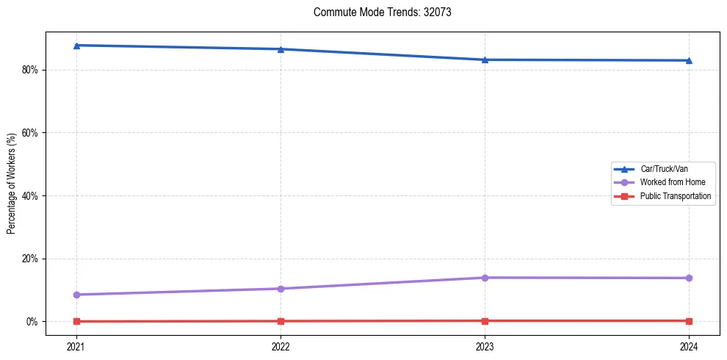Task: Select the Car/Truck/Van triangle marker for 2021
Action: point(76,46)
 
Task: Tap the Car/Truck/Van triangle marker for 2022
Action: point(281,49)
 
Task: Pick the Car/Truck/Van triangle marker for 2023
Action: point(485,60)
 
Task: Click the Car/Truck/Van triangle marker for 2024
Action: point(689,60)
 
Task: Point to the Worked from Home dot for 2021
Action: point(76,295)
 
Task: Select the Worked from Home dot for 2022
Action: point(281,289)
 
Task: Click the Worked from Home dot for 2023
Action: point(485,278)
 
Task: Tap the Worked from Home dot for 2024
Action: point(689,278)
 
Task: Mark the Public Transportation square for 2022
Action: point(281,321)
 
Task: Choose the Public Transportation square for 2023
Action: point(485,320)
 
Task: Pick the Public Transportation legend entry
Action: point(676,196)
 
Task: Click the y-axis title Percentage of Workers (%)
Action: point(12,184)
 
